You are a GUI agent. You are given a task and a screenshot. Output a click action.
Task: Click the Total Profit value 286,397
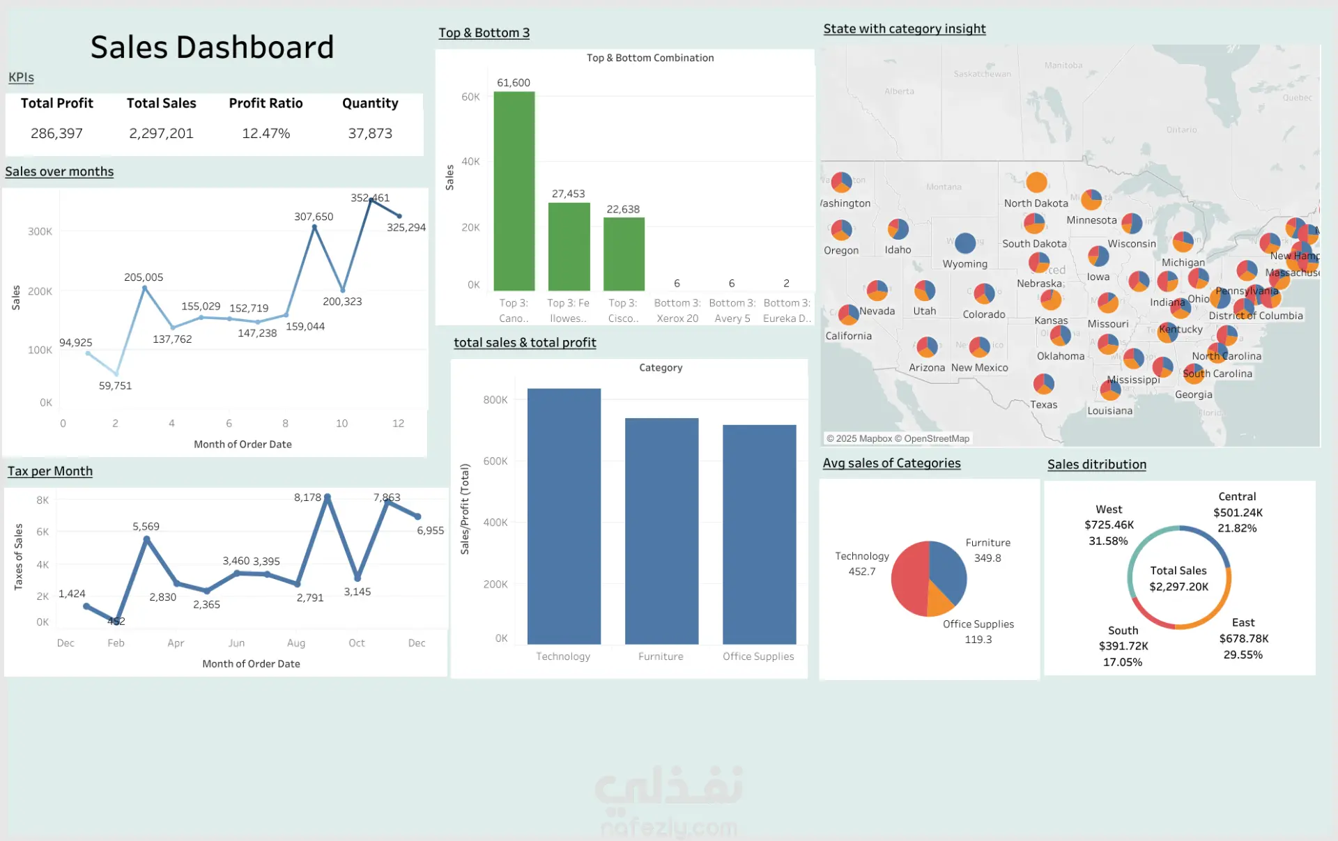coord(56,133)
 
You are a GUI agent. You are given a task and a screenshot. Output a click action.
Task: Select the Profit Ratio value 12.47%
coord(266,133)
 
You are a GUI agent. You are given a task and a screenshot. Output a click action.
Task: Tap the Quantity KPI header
coord(370,103)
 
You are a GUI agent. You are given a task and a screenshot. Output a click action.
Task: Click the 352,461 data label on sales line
coord(370,198)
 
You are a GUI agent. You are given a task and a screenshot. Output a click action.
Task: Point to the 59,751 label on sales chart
coord(115,385)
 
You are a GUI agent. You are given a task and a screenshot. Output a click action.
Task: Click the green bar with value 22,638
coord(624,254)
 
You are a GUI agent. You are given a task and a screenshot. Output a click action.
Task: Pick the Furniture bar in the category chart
coord(661,530)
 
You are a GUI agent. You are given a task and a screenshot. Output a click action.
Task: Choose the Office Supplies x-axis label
coord(758,656)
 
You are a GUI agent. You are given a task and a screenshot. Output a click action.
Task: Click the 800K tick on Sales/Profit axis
coord(495,399)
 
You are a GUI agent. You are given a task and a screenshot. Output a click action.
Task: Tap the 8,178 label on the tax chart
coord(307,497)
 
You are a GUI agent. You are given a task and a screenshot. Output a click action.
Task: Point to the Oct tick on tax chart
coord(357,643)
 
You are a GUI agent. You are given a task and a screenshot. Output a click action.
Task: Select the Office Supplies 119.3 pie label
coord(978,632)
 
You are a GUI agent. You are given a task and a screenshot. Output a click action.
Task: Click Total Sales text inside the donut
coord(1178,571)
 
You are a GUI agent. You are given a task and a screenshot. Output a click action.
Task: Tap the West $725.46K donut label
coord(1109,525)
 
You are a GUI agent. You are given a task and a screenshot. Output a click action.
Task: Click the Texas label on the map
coord(1044,405)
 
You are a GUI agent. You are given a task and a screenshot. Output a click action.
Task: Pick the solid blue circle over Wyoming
coord(965,243)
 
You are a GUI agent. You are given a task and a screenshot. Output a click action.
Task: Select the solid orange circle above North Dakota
coord(1036,182)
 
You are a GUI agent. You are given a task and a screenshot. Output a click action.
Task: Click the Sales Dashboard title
coord(212,47)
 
